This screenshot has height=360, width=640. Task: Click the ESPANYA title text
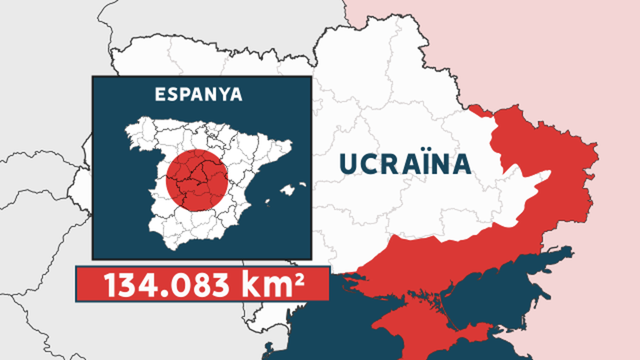[198, 94]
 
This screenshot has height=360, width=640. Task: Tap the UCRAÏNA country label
[405, 164]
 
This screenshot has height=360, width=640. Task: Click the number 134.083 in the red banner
[166, 284]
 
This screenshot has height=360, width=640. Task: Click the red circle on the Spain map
[197, 180]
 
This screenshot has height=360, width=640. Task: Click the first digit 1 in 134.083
[110, 284]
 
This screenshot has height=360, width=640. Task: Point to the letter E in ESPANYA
[160, 94]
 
